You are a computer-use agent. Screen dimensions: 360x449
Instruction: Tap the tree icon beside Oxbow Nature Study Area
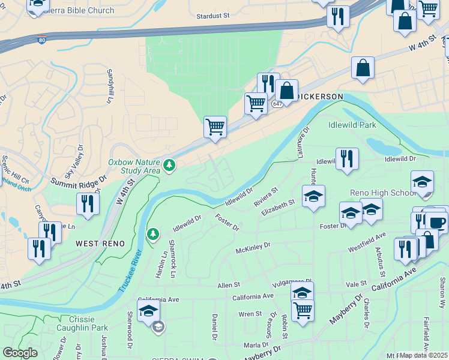point(170,164)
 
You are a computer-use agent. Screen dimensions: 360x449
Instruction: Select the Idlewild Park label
point(352,125)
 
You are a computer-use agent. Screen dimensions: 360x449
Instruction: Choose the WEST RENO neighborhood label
point(100,244)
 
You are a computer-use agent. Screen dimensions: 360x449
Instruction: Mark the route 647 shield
point(277,104)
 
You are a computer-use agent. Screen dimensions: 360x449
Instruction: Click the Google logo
point(20,353)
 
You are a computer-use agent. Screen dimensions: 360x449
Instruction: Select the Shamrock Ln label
point(173,265)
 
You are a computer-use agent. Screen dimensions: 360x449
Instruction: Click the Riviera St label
point(266,197)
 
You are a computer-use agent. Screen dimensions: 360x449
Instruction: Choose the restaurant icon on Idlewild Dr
point(347,159)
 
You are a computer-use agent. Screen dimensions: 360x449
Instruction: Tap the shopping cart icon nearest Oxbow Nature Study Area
point(215,128)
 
